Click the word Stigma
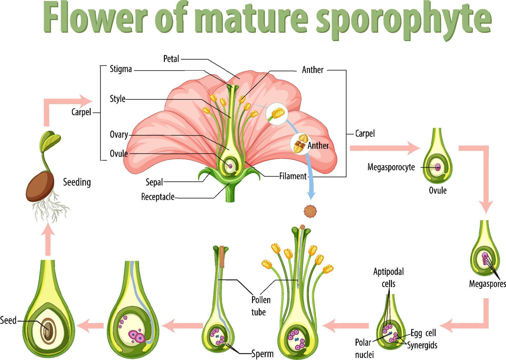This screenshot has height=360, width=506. point(121,69)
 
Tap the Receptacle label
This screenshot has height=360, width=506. point(158,197)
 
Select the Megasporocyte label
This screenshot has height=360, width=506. point(391,167)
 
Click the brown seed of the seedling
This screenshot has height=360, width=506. point(40,186)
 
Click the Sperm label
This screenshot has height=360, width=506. point(262,353)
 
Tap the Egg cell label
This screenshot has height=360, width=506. point(423,333)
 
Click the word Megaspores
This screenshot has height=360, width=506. point(487,284)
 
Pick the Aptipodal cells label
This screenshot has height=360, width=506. point(388,277)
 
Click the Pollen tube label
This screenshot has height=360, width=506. point(261,306)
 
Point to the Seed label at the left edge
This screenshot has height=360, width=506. point(8,320)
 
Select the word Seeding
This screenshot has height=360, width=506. point(77,182)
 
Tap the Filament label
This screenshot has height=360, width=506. point(293,176)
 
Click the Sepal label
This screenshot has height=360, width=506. point(154,182)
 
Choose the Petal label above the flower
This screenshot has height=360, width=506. point(171,59)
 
